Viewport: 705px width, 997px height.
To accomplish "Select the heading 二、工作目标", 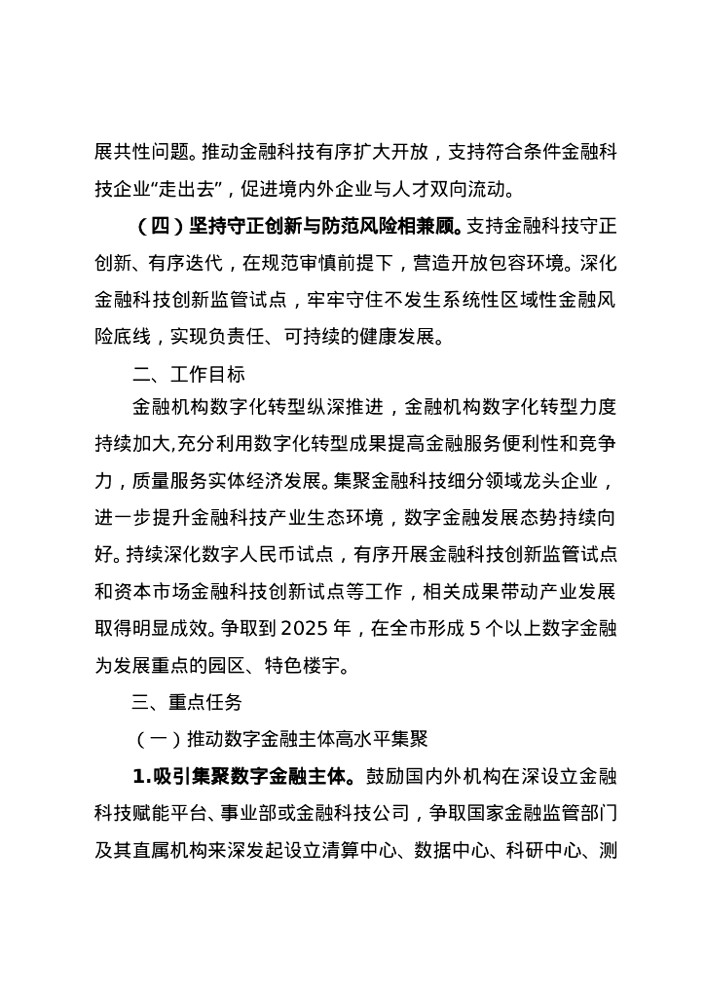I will (189, 375).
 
